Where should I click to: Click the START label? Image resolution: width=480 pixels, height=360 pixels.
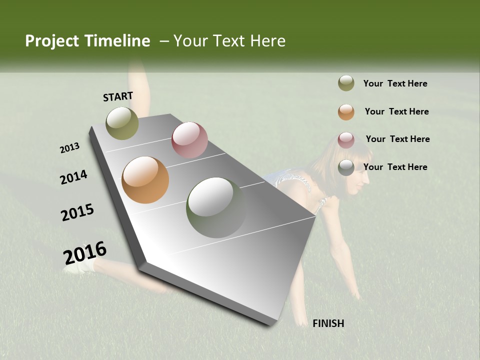point(118,96)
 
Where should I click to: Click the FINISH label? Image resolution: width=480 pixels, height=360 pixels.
point(328,323)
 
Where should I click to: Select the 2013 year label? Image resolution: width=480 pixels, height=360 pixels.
point(70,148)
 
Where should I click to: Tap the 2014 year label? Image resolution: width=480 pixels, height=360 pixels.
point(74,177)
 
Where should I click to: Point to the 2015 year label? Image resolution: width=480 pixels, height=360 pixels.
point(77,212)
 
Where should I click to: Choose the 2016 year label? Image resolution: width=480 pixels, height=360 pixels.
point(85,253)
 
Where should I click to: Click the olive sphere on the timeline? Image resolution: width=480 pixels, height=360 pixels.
point(122,123)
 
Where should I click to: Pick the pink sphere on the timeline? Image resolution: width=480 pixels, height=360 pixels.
point(189,140)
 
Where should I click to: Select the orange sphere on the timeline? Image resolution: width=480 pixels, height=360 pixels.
point(145,180)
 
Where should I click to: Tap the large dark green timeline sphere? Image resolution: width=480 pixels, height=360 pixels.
point(216,207)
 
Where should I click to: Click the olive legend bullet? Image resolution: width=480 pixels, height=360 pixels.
point(346,83)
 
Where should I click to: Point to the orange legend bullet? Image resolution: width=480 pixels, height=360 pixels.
point(346,112)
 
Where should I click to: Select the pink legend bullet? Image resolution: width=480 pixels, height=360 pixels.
point(346,139)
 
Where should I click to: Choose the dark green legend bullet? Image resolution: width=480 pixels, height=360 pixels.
point(346,167)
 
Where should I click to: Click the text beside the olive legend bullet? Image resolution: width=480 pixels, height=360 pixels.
point(395,83)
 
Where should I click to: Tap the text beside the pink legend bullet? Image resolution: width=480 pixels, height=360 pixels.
point(397,139)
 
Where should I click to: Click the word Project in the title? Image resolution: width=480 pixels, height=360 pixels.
point(53,41)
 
